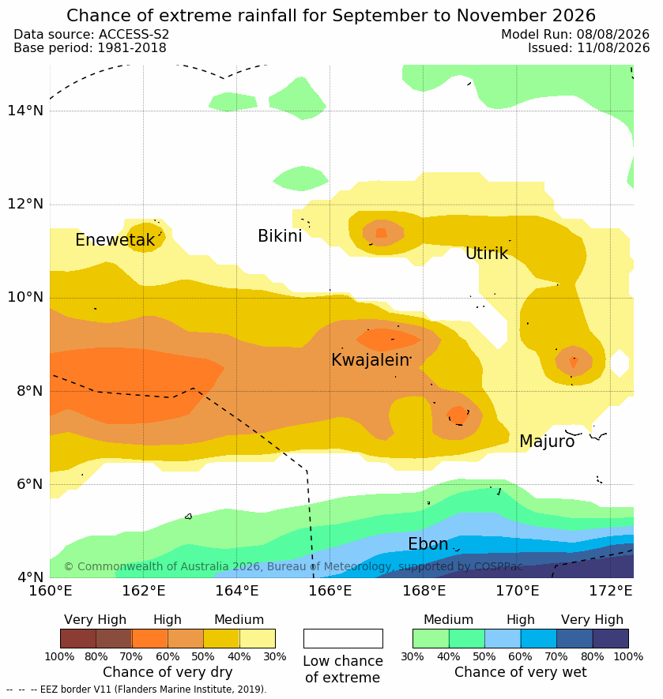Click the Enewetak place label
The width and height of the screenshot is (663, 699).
pos(115,240)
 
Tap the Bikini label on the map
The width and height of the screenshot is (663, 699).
pos(280,236)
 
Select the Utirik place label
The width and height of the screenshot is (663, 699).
pos(487,254)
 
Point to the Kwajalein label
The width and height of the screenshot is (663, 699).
pos(370,359)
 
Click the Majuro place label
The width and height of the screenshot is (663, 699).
pos(547,442)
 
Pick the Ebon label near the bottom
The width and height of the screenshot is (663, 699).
pos(428,544)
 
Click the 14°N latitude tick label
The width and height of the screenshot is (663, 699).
pos(25,110)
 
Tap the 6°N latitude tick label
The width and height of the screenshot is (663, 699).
pos(30,483)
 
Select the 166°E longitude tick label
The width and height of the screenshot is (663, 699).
pos(330,591)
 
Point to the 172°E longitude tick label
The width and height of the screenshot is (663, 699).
pos(611,591)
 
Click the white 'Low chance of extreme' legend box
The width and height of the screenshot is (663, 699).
pos(343,638)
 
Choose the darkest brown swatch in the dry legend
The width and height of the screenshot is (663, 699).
pos(78,638)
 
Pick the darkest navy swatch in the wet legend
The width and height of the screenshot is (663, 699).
pos(610,638)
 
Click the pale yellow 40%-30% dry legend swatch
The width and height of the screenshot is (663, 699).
pos(258,638)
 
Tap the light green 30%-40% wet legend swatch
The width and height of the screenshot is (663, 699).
pos(431,638)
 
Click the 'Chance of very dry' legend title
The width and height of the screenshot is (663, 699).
pos(168,672)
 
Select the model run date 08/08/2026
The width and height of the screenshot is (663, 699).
pos(613,34)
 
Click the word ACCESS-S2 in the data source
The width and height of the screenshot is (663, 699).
pos(134,34)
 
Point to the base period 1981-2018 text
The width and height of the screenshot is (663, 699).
pos(132,47)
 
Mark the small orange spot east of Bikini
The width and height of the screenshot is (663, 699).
pos(381,233)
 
